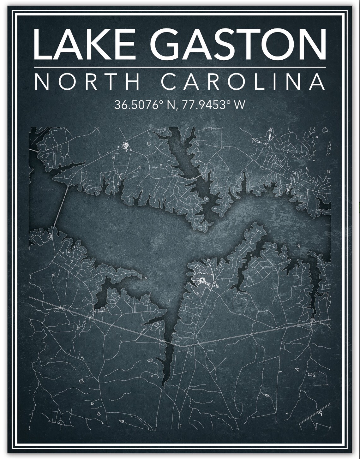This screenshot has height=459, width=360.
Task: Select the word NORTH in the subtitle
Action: tap(87, 82)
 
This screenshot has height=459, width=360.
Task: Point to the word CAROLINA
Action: tap(243, 82)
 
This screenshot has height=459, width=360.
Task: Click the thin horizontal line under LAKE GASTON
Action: tap(179, 67)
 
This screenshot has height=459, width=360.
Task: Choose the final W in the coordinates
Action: tap(239, 105)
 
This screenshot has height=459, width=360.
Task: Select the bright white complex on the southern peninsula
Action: tap(202, 280)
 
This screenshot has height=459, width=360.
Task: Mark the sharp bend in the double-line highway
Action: tap(181, 346)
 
